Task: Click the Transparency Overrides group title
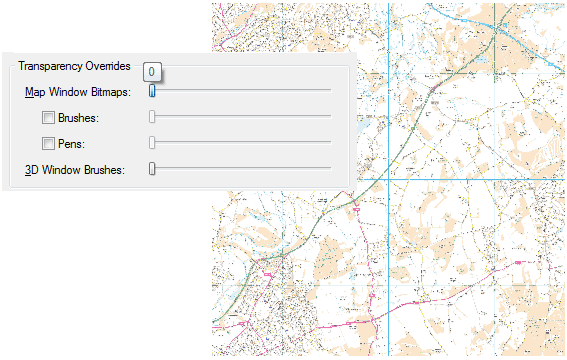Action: [x=74, y=66]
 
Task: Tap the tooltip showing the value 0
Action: [x=152, y=72]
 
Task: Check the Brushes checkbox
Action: [x=48, y=118]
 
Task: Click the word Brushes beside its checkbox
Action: [x=78, y=118]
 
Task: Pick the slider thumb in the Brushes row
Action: [x=152, y=117]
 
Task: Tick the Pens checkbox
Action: [x=48, y=144]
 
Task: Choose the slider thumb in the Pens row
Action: [x=152, y=143]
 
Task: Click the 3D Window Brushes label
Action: [x=74, y=170]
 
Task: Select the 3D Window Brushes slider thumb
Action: [x=152, y=169]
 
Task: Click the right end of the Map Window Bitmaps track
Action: [x=329, y=90]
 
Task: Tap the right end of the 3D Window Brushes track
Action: [x=329, y=168]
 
